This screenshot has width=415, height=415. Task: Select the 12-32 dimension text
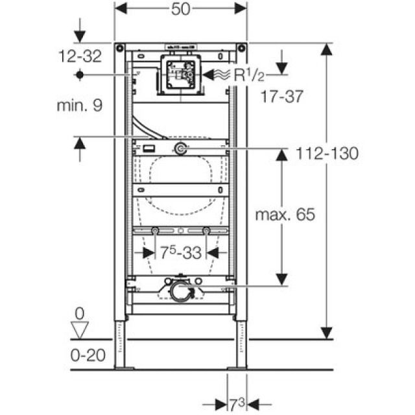[x=80, y=56]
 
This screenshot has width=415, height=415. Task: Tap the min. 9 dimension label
[x=79, y=104]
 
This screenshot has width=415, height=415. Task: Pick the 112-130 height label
[x=327, y=153]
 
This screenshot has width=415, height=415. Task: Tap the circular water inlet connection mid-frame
[x=180, y=150]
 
